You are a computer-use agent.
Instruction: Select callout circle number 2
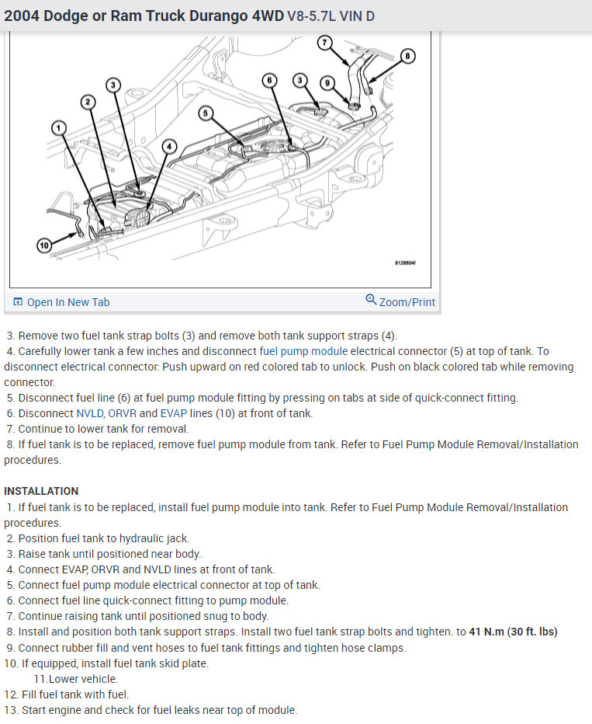(x=88, y=102)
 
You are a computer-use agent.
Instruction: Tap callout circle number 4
(x=170, y=146)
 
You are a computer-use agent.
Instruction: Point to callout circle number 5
(x=205, y=113)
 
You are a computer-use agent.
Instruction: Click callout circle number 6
(x=269, y=80)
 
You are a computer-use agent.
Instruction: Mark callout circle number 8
(x=408, y=55)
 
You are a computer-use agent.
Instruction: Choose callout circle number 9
(x=327, y=82)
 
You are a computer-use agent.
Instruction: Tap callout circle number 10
(x=44, y=245)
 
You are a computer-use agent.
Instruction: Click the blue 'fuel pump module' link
(x=304, y=351)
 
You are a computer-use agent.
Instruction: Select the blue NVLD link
(x=88, y=413)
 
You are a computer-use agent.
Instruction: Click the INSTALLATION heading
(x=41, y=491)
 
